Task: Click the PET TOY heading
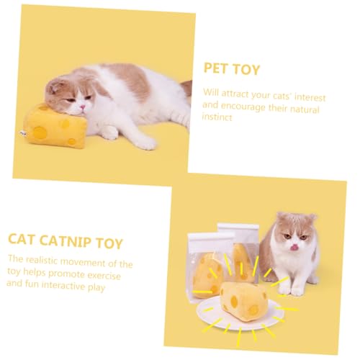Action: tap(232, 69)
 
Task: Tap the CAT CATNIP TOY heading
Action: tap(66, 241)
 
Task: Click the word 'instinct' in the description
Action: tap(217, 117)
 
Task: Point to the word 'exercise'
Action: tap(104, 275)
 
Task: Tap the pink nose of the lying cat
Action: tap(82, 107)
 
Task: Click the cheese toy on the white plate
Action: tap(243, 300)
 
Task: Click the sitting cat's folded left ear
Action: tap(281, 217)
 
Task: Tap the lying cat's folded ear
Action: tap(54, 86)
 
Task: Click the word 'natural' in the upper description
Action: tap(305, 109)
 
